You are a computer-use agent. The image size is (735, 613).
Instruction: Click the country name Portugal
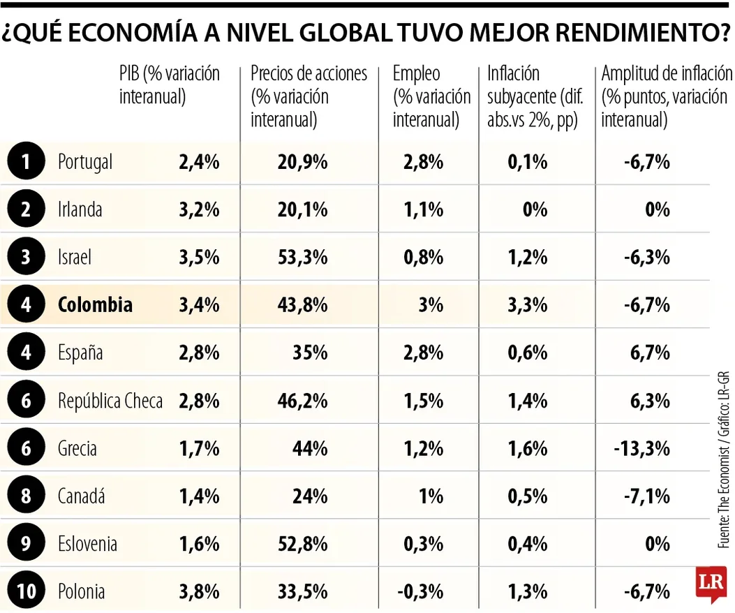(x=84, y=163)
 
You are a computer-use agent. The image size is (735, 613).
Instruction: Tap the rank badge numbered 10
(x=26, y=591)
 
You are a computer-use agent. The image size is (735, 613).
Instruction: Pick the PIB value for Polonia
(x=199, y=591)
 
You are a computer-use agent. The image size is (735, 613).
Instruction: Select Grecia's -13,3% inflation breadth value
(x=641, y=448)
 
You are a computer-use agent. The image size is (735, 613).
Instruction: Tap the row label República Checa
(x=110, y=401)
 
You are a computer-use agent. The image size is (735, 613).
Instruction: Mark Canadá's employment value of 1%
(x=431, y=496)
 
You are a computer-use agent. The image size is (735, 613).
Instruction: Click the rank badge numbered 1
(x=26, y=163)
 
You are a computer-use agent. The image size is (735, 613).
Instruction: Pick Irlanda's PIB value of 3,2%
(x=199, y=210)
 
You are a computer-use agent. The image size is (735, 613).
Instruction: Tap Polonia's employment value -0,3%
(x=420, y=591)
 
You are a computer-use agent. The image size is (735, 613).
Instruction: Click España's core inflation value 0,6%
(x=527, y=353)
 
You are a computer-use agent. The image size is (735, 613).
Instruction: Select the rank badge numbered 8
(x=26, y=496)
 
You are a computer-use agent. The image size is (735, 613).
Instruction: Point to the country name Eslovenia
(x=87, y=544)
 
